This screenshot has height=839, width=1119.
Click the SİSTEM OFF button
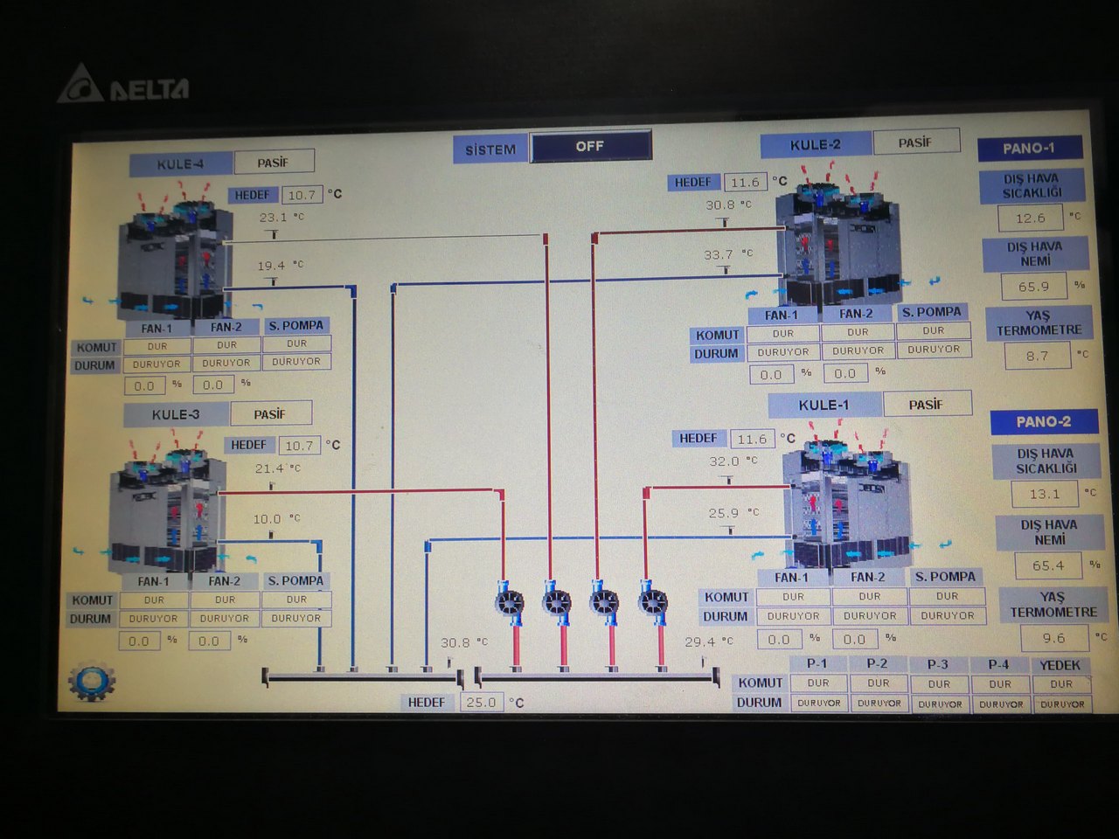pyautogui.click(x=590, y=146)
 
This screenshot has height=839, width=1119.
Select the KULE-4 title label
pyautogui.click(x=180, y=163)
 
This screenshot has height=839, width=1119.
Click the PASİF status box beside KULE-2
pyautogui.click(x=915, y=142)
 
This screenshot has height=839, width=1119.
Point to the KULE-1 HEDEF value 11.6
pyautogui.click(x=752, y=439)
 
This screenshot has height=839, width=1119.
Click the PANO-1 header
pyautogui.click(x=1029, y=148)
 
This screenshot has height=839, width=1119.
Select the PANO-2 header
pyautogui.click(x=1043, y=421)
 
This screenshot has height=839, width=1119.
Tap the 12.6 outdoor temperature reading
pyautogui.click(x=1030, y=218)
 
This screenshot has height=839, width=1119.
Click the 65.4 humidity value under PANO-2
pyautogui.click(x=1047, y=565)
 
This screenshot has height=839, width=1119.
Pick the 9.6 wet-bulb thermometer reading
pyautogui.click(x=1053, y=638)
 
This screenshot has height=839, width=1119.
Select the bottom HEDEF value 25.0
pyautogui.click(x=481, y=702)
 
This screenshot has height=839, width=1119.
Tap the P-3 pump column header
pyautogui.click(x=938, y=664)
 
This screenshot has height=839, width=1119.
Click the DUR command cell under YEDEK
pyautogui.click(x=1061, y=683)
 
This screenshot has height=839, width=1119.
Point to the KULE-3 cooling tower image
pyautogui.click(x=166, y=511)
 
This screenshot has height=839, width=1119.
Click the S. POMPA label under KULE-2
pyautogui.click(x=931, y=312)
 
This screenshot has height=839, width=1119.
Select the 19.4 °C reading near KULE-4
pyautogui.click(x=270, y=266)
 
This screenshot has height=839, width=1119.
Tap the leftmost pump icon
pyautogui.click(x=509, y=602)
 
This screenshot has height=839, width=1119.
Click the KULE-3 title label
pyautogui.click(x=176, y=414)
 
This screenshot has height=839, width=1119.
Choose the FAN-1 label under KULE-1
pyautogui.click(x=792, y=577)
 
